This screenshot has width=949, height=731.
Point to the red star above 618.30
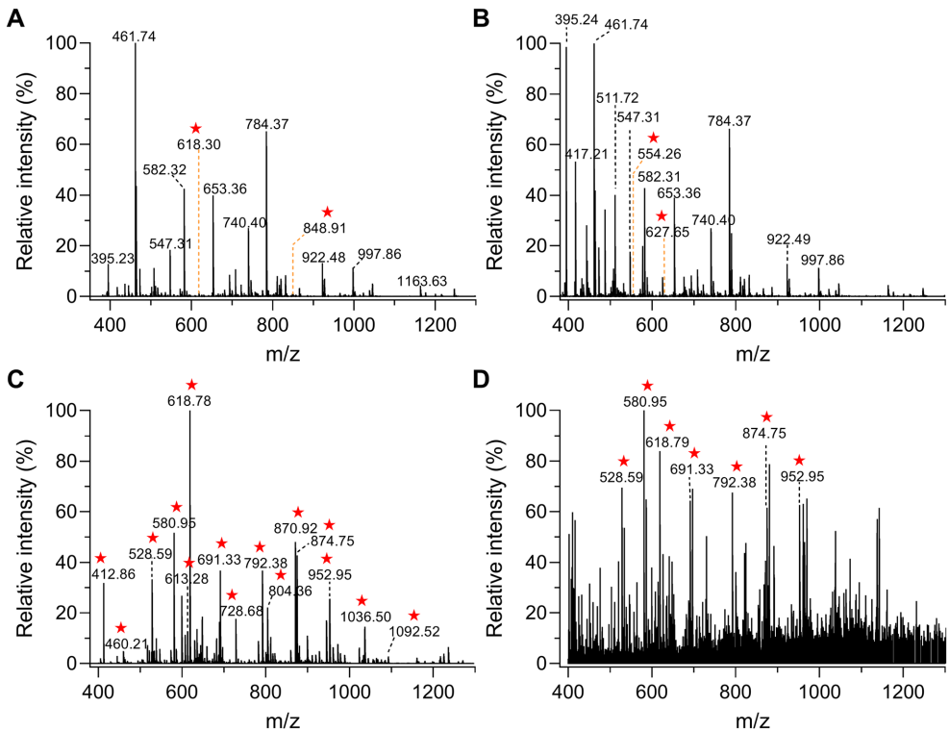(x=195, y=129)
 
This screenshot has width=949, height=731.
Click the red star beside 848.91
(x=327, y=212)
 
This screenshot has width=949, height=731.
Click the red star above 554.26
(x=654, y=139)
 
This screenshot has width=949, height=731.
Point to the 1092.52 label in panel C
(x=414, y=632)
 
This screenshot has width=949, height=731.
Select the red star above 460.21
(x=120, y=628)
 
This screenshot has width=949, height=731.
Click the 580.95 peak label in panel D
(x=646, y=404)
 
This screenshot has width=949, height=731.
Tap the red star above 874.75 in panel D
(x=766, y=417)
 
